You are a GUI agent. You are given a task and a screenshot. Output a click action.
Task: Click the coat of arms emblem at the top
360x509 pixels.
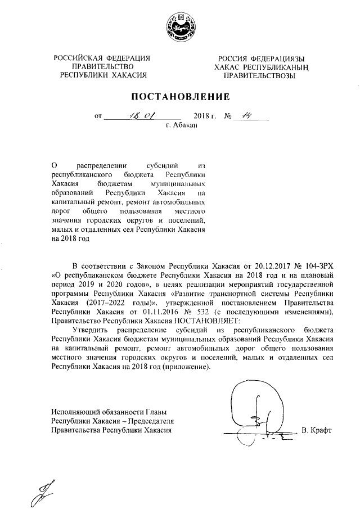pos(181,28)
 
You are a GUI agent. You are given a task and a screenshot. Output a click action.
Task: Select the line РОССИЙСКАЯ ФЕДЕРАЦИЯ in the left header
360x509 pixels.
pos(102,58)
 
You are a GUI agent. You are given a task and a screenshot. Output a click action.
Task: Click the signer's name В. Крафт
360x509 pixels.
pos(317,431)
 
